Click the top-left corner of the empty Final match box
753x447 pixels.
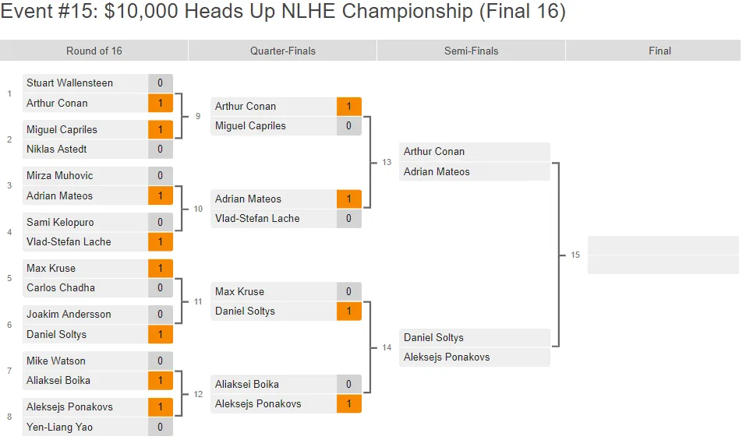coord(588,236)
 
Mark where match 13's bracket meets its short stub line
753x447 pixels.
coord(369,163)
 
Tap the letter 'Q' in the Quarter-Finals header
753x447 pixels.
coord(253,51)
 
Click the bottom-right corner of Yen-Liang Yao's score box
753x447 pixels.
coord(173,436)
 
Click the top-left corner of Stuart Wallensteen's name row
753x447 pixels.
coord(23,74)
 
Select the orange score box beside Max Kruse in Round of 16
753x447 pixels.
coord(161,269)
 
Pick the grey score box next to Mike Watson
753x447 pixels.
coord(161,361)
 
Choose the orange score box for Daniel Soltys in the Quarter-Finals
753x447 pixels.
coord(348,311)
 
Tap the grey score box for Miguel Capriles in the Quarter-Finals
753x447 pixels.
coord(348,125)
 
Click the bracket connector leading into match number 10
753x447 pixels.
coord(182,209)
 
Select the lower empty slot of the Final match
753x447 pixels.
coord(663,265)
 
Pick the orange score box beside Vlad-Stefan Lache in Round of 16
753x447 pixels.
coord(161,241)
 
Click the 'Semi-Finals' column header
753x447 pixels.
coord(471,51)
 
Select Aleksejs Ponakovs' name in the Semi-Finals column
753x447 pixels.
coord(447,357)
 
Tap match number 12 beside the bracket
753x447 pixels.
coord(198,394)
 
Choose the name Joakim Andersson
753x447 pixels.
coord(69,314)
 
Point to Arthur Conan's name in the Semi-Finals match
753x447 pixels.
coord(434,152)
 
